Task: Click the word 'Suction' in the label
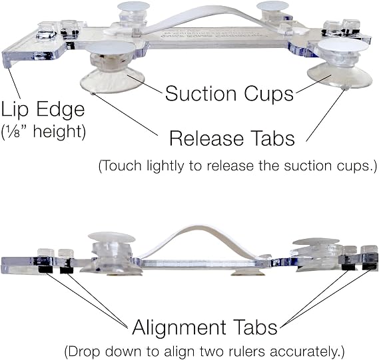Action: click(200, 93)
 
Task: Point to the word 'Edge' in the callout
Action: click(61, 110)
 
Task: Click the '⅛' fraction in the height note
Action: click(12, 132)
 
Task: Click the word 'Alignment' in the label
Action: click(179, 327)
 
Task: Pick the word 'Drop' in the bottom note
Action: click(85, 351)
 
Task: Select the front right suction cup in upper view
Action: click(340, 64)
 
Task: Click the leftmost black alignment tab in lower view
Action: click(46, 270)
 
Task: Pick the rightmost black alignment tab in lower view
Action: click(369, 266)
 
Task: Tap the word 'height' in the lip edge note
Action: click(59, 132)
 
